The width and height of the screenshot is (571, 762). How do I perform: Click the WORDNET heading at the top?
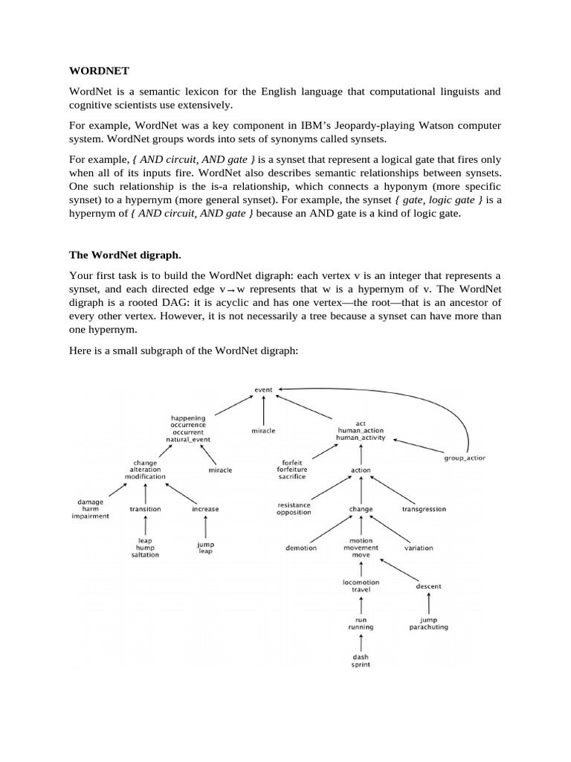click(x=99, y=71)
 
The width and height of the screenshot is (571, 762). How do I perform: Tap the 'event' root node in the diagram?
click(x=264, y=388)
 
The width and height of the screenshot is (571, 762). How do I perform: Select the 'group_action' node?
click(x=465, y=458)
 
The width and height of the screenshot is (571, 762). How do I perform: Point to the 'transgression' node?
click(x=424, y=509)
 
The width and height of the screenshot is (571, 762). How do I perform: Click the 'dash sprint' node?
click(x=361, y=660)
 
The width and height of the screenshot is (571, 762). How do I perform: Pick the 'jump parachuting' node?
click(x=428, y=624)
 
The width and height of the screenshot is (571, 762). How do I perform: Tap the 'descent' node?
click(x=428, y=586)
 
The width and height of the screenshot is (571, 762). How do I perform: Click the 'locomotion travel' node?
click(x=361, y=586)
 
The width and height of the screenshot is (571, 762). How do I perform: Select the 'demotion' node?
click(x=301, y=548)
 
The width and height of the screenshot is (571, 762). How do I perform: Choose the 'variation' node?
click(x=419, y=548)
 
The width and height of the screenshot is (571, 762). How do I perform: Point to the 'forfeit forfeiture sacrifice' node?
click(x=291, y=469)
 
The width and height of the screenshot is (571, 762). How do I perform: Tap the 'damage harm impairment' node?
click(x=91, y=509)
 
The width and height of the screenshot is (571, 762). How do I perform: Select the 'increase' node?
click(x=205, y=509)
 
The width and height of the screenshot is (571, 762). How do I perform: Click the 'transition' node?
click(x=145, y=509)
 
